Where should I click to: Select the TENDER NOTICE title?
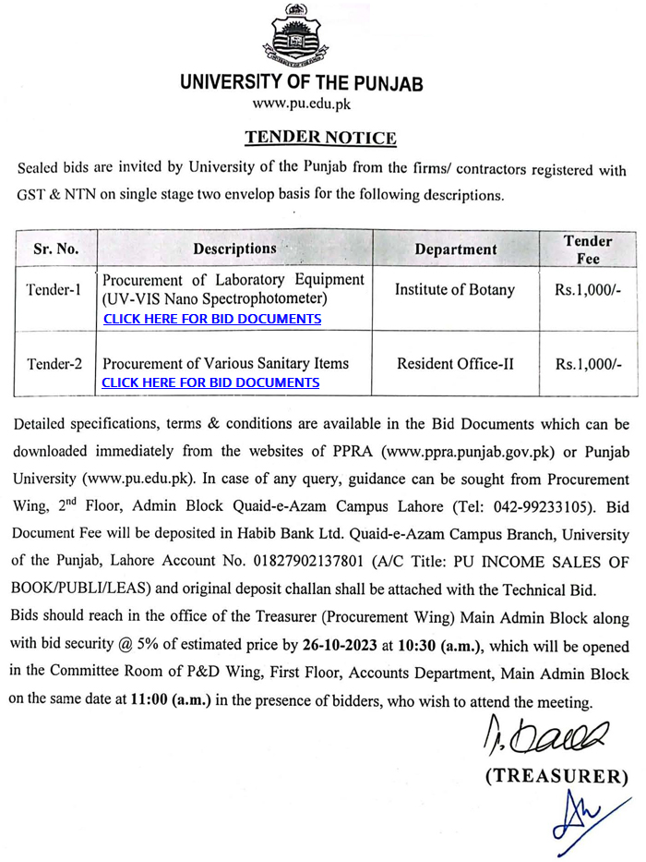(x=320, y=138)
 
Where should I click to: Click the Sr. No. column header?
(x=56, y=249)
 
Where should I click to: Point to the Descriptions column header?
(x=234, y=249)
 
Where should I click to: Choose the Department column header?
(x=455, y=249)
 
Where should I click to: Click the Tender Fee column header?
(x=588, y=249)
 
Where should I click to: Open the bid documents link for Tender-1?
(x=212, y=319)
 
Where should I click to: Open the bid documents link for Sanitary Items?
(x=210, y=382)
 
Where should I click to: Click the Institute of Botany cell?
(x=455, y=289)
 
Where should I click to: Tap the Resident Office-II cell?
(x=455, y=364)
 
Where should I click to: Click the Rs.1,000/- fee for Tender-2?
(x=588, y=364)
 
